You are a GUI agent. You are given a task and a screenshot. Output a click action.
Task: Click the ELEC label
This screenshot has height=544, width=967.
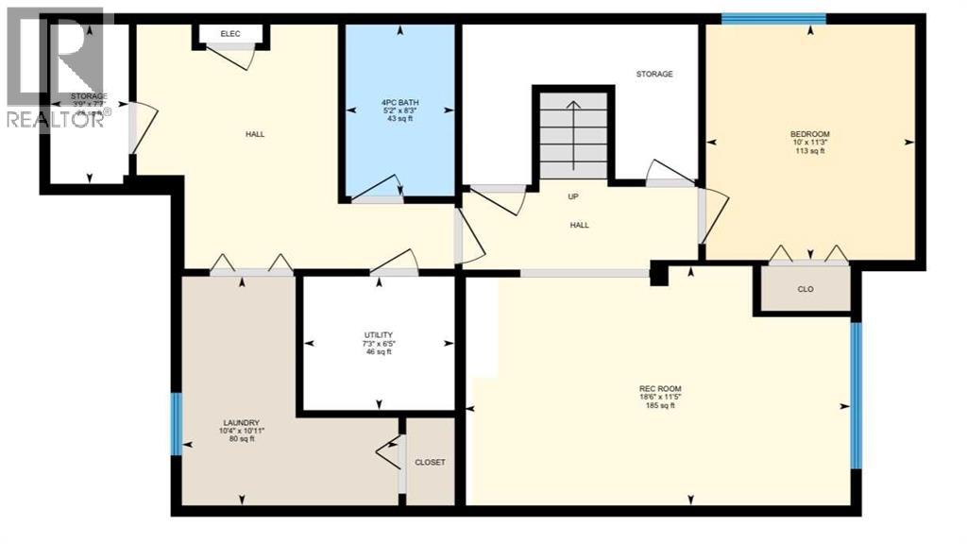click(230, 34)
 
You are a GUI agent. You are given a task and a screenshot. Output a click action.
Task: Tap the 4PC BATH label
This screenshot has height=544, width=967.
click(399, 102)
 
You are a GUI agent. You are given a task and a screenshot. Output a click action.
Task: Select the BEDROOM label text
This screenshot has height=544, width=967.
click(810, 134)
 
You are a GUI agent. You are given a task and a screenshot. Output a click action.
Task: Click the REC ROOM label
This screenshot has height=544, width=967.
click(660, 389)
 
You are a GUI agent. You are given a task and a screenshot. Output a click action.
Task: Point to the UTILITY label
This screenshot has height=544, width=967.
click(378, 335)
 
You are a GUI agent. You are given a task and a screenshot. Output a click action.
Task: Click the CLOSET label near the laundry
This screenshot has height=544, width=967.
click(430, 462)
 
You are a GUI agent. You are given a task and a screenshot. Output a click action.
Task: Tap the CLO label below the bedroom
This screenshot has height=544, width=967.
click(806, 290)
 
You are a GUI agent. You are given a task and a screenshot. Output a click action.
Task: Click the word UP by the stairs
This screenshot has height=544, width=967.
click(573, 196)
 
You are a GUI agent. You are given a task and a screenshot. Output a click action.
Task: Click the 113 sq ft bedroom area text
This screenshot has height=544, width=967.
click(810, 151)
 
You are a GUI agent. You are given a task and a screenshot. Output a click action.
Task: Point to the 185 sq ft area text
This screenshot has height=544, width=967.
click(660, 406)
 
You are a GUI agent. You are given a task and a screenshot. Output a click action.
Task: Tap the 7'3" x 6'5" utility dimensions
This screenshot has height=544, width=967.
click(378, 344)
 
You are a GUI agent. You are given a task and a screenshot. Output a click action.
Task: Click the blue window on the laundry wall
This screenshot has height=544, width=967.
click(176, 424)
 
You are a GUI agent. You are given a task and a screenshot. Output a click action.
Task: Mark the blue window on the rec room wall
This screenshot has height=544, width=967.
click(856, 396)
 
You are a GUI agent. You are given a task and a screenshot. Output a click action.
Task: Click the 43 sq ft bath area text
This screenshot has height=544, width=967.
click(399, 119)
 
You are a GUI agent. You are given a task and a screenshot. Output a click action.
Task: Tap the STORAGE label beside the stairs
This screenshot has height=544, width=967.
click(654, 74)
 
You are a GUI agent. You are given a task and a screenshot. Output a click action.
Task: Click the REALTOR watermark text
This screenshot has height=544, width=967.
click(57, 118)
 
